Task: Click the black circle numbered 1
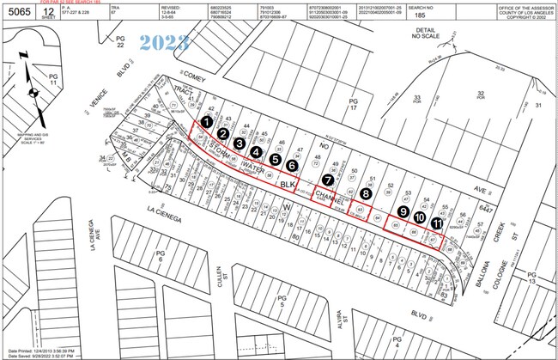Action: pos(206,124)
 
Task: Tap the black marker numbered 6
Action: pos(293,165)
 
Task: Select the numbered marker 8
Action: pos(367,194)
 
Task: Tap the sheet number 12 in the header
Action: pos(52,13)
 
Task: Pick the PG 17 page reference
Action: pos(351,106)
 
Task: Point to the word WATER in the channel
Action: pos(252,165)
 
